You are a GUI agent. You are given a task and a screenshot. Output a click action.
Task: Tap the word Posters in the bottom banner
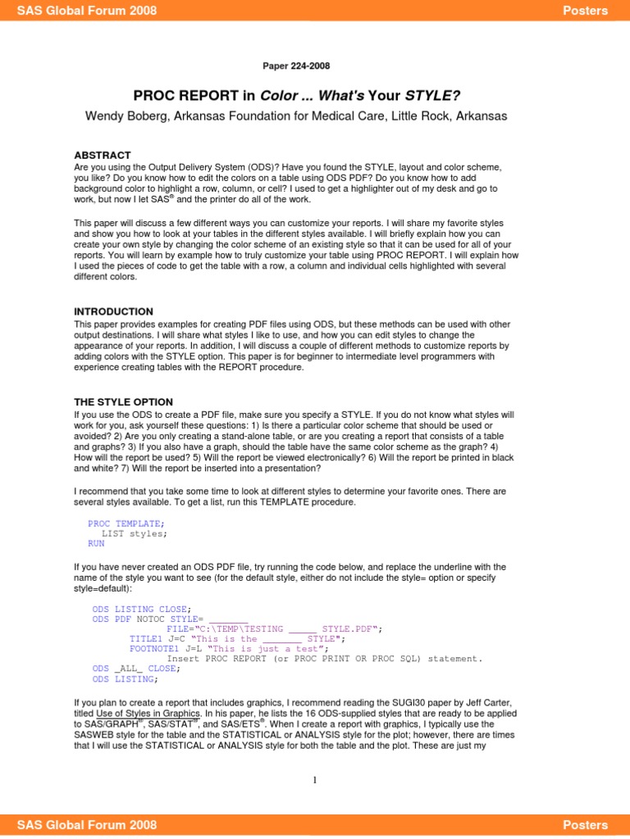(x=586, y=825)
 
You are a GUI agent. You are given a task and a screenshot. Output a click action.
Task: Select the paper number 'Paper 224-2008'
(x=296, y=66)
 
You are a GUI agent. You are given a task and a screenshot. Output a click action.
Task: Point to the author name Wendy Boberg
(x=122, y=116)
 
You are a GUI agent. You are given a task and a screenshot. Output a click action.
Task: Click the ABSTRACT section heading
(x=103, y=155)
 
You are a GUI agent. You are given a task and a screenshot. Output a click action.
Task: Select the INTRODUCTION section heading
(x=113, y=311)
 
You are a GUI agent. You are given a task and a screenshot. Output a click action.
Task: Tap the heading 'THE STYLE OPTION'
(x=123, y=401)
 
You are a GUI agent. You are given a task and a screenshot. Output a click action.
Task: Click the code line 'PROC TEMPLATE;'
(x=126, y=523)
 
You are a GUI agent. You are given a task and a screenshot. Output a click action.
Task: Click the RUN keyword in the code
(x=96, y=543)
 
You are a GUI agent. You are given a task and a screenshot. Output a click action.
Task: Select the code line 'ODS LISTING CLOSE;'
(x=142, y=608)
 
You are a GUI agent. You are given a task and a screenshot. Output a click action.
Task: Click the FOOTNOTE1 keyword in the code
(x=152, y=648)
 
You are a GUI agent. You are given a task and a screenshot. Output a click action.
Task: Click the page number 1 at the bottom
(x=314, y=780)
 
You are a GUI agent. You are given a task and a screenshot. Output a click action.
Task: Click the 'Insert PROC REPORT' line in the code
(x=325, y=658)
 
